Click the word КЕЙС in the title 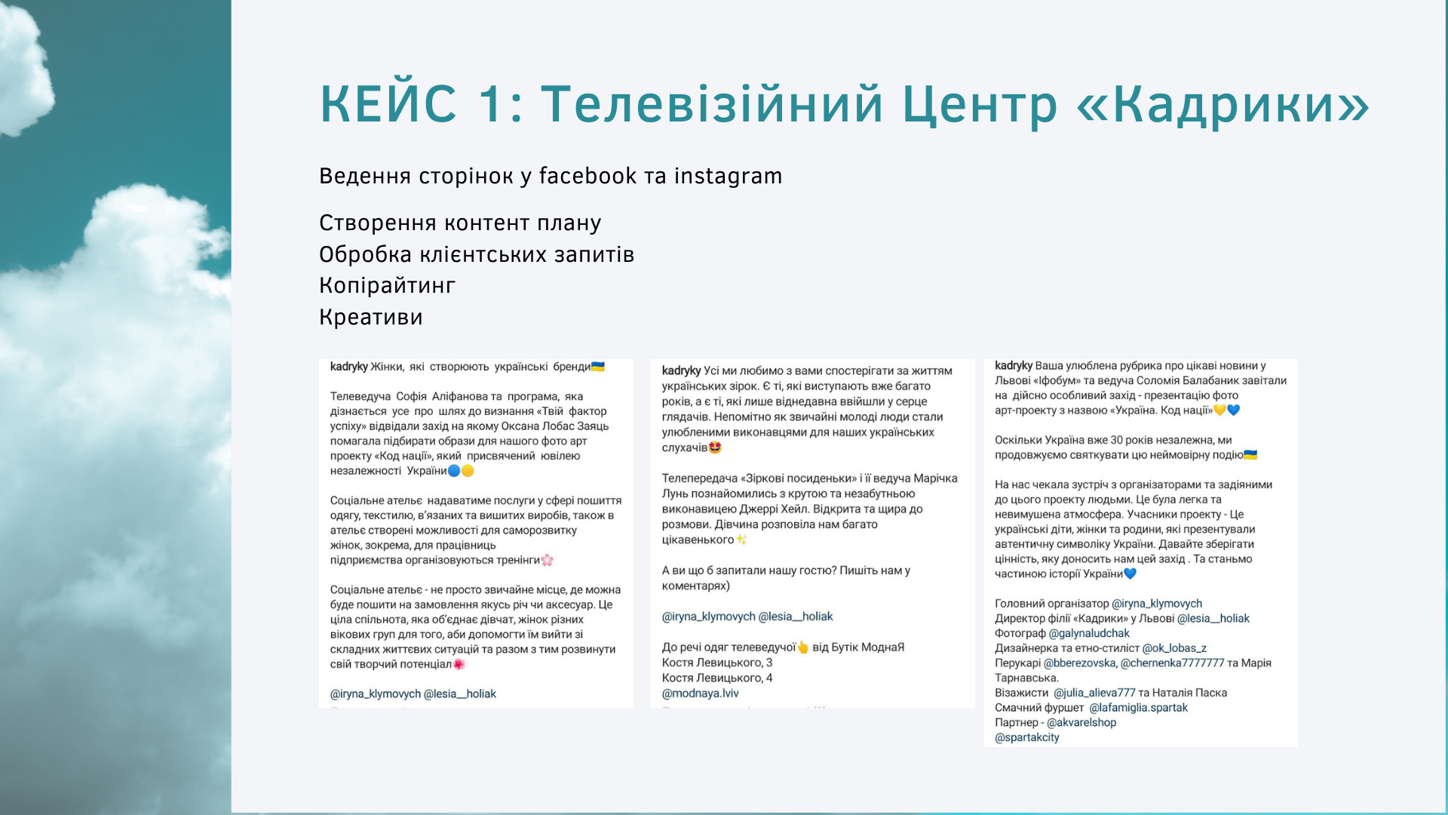coord(388,103)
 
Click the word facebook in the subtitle coord(587,176)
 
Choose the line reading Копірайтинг coord(387,286)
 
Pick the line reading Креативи coord(370,317)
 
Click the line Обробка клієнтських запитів coord(477,254)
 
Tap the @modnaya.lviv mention coord(700,694)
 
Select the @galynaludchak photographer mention coord(1089,634)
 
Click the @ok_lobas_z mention coord(1174,648)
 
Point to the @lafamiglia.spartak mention coord(1138,708)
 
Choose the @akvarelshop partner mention coord(1081,723)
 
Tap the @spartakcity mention coord(1027,738)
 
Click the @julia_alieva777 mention coord(1094,693)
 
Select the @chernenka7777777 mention coord(1172,663)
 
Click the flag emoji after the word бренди coord(598,367)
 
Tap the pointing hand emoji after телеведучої coord(803,647)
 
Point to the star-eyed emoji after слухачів coord(715,447)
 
